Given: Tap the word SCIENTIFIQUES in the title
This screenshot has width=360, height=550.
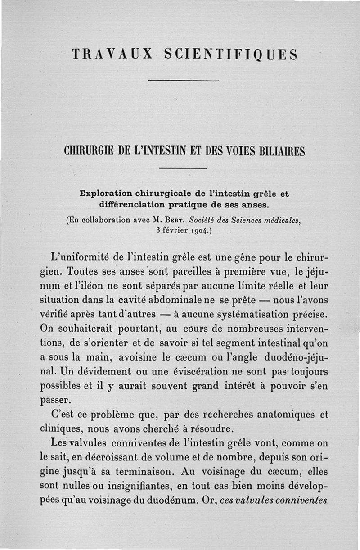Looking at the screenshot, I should pyautogui.click(x=231, y=54).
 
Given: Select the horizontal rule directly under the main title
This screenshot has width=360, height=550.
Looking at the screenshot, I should pyautogui.click(x=183, y=81).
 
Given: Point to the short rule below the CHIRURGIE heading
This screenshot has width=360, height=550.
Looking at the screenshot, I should pyautogui.click(x=183, y=168).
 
